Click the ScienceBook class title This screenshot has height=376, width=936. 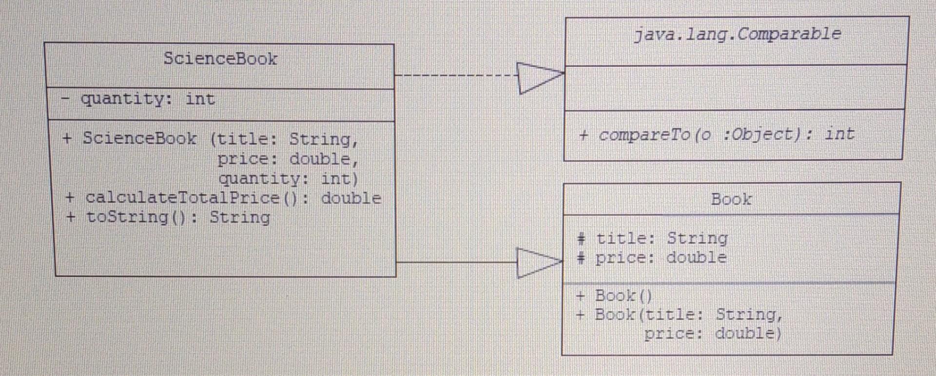point(220,59)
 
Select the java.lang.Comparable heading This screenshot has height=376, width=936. point(737,34)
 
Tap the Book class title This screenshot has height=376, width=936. point(731,199)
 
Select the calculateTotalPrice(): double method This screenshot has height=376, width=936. point(233,198)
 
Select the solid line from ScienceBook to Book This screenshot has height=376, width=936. point(456,262)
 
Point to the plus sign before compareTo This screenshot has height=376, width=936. point(584,135)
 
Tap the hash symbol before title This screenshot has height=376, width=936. point(581,238)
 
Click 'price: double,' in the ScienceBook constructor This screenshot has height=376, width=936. point(288,159)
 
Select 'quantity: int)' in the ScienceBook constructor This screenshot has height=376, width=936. point(288,179)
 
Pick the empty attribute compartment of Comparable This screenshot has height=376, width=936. point(735,88)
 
